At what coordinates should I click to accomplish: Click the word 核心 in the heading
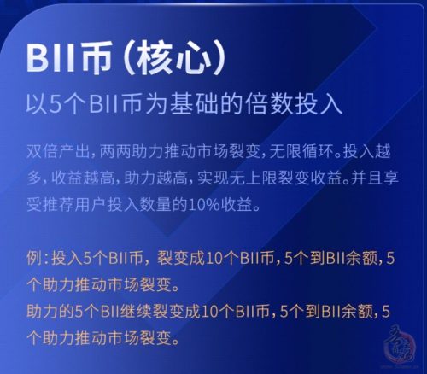click(174, 59)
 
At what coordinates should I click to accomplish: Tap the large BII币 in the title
click(68, 59)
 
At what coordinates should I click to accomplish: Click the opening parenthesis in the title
click(129, 59)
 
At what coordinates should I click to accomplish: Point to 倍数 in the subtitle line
click(269, 104)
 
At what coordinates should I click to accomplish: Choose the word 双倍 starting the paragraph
click(43, 151)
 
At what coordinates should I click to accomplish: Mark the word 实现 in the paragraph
click(213, 178)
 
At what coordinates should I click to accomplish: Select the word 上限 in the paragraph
click(261, 178)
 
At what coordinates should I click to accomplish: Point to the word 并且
click(367, 178)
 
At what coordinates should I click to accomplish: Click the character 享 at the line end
click(391, 178)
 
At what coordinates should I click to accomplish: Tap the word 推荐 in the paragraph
click(58, 205)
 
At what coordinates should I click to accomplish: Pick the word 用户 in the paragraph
click(91, 205)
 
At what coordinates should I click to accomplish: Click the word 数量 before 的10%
click(155, 205)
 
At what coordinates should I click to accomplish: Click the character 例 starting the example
click(34, 259)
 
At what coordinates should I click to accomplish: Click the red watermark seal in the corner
click(401, 344)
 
